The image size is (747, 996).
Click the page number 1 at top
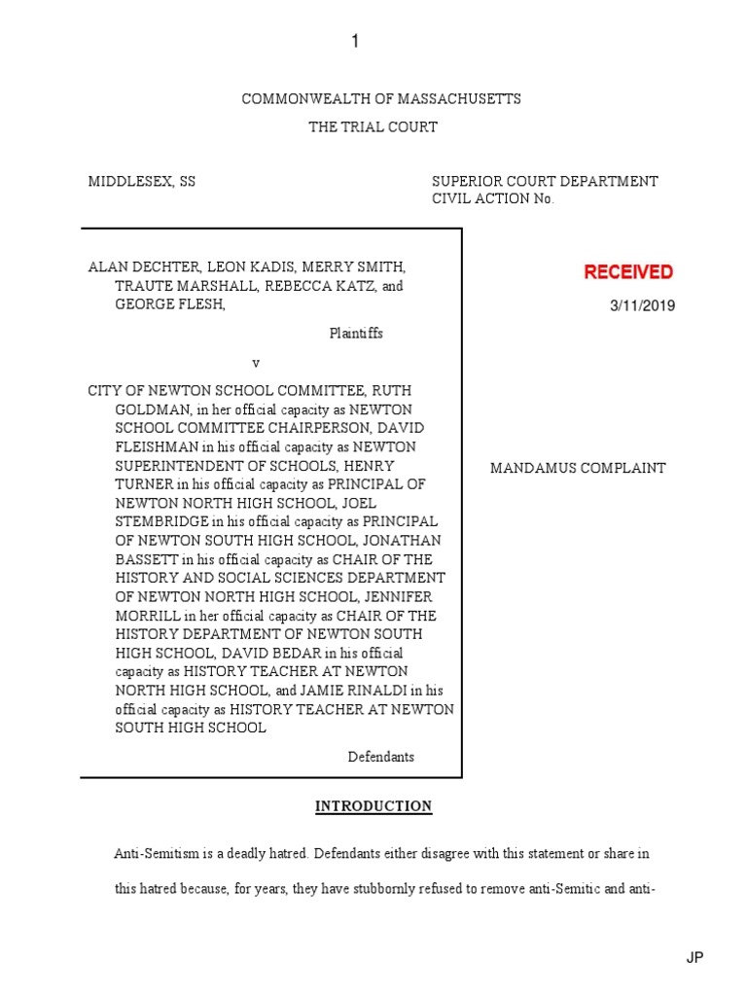tap(355, 41)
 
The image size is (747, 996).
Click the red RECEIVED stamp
tap(627, 272)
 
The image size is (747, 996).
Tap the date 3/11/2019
tap(642, 306)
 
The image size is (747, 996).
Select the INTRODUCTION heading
tap(373, 806)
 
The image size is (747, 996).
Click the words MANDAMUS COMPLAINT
tap(578, 468)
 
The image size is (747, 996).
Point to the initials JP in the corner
tap(694, 958)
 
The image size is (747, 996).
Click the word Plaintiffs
tap(355, 334)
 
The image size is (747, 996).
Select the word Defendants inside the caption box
tap(381, 757)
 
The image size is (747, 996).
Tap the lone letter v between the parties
tap(257, 363)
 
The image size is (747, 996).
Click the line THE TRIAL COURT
tap(373, 127)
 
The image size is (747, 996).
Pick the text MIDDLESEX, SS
tap(142, 182)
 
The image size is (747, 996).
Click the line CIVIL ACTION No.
tap(492, 199)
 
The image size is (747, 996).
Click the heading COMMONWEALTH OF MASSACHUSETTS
tap(380, 99)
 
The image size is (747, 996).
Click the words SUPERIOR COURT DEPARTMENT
tap(545, 182)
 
